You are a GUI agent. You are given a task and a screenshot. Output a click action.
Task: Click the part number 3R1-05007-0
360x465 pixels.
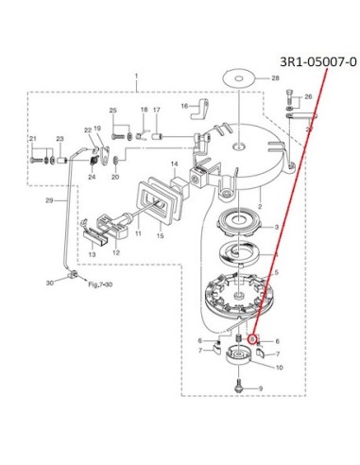[318, 62]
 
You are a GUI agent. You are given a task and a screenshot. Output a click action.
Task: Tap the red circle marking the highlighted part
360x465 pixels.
[252, 339]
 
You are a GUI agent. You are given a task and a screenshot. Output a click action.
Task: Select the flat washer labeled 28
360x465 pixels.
[238, 78]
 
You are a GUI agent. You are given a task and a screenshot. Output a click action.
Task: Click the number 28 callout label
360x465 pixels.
[275, 77]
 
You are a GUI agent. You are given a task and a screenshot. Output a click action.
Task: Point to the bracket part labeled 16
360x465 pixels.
[200, 109]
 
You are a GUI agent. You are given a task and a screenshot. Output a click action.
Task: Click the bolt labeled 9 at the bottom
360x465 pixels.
[239, 386]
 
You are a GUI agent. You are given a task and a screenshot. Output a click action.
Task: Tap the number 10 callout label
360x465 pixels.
[279, 368]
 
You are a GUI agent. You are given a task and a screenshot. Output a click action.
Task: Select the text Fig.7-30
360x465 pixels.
[100, 284]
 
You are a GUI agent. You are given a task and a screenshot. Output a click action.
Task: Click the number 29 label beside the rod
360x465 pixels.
[49, 200]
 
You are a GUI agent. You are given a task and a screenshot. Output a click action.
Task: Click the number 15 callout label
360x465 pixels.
[160, 235]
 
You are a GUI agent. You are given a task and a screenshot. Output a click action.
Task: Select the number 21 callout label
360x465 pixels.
[33, 139]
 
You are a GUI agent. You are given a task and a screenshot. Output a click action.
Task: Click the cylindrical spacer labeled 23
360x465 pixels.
[61, 161]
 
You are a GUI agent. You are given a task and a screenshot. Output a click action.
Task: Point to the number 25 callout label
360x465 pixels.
[113, 111]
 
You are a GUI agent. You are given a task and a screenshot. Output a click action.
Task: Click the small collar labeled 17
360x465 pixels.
[157, 137]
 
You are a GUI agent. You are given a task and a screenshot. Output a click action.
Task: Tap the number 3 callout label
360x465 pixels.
[277, 227]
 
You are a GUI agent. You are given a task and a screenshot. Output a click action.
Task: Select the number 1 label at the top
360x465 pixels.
[136, 76]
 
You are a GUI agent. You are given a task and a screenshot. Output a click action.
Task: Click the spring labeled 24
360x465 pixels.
[93, 161]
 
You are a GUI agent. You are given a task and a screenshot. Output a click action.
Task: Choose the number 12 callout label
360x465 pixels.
[116, 252]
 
